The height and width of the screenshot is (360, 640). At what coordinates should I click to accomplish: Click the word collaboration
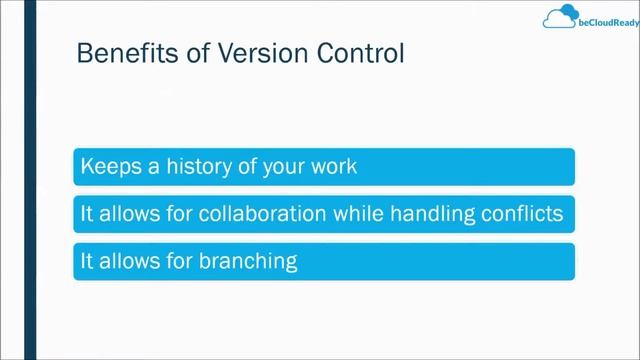point(243,214)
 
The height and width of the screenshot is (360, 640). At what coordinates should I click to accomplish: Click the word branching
point(248,262)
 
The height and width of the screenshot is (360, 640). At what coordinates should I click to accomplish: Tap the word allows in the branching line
point(131,262)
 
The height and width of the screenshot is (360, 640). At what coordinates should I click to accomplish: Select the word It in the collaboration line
point(87,214)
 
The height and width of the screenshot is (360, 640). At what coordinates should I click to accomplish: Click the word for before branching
point(181,262)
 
